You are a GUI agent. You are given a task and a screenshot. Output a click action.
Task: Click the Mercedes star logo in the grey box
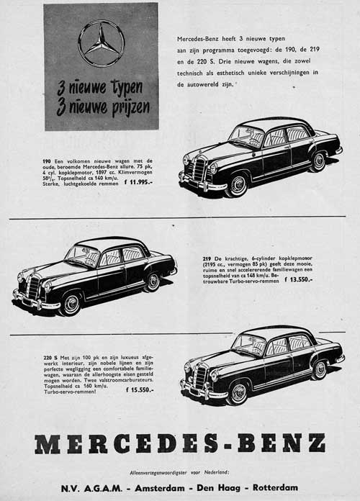point(101,43)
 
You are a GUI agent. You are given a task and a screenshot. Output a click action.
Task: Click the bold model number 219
point(210,256)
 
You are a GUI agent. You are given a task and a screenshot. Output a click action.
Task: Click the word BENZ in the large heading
point(282,443)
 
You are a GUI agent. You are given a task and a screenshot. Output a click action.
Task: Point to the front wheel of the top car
point(236,184)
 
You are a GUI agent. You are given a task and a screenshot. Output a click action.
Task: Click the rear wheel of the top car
point(318,161)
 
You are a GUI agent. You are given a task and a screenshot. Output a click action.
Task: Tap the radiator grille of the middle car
point(33,286)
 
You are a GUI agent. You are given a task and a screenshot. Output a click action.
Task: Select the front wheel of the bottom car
point(238,393)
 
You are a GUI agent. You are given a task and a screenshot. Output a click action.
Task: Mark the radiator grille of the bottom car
point(200,377)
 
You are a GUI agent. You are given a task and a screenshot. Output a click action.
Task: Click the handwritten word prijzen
point(125,108)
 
